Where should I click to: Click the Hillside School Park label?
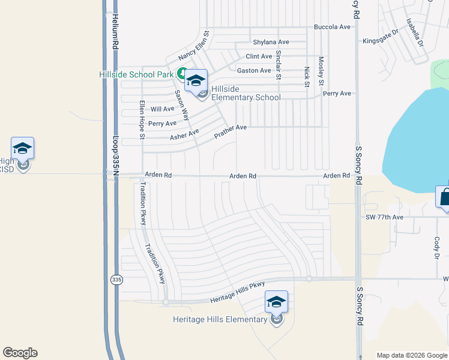click(x=136, y=74)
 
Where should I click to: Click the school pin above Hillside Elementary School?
click(x=196, y=80)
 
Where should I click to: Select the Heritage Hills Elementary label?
click(x=219, y=319)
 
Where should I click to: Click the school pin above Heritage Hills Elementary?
click(x=276, y=301)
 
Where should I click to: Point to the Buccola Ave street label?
click(x=332, y=27)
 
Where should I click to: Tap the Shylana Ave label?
click(x=271, y=42)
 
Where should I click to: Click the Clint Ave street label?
click(x=259, y=56)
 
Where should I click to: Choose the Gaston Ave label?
click(x=254, y=71)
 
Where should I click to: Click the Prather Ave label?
click(x=231, y=132)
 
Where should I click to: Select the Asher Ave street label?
click(x=184, y=135)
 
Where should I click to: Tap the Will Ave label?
click(x=162, y=109)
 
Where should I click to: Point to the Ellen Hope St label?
click(x=142, y=119)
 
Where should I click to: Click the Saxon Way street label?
click(x=181, y=106)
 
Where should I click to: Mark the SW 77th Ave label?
click(x=385, y=217)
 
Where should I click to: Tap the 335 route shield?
click(x=116, y=280)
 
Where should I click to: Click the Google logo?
click(x=20, y=353)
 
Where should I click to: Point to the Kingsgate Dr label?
click(x=381, y=41)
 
